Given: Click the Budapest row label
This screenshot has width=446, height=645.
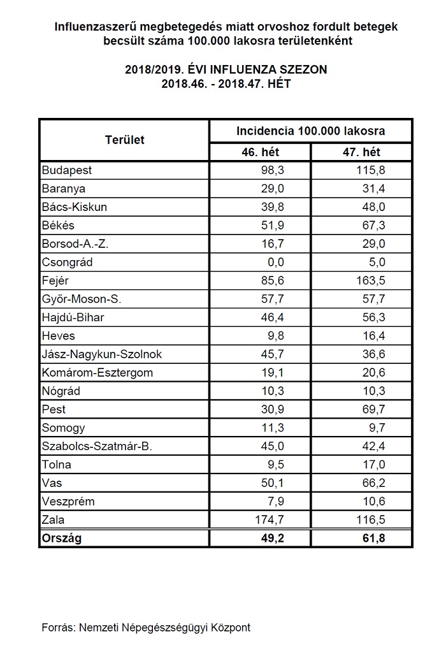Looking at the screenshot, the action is coord(67,170).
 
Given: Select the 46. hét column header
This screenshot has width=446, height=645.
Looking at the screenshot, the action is coord(260,152).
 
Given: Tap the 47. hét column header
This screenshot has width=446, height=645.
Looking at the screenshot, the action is coord(361,152).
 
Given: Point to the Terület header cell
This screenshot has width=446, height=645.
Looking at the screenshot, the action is coord(124,140).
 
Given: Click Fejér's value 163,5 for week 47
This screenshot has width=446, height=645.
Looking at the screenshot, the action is coord(371,280).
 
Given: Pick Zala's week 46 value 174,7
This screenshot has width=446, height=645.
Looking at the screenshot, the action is coord(270,520).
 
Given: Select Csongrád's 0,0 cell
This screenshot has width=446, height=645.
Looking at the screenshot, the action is coord(273,262).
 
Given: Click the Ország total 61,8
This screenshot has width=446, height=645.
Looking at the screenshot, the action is coord(373,538).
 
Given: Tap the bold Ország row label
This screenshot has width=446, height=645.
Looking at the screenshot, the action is coord(62,538).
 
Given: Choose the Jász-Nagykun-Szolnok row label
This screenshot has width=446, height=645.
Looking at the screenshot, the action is coord(102,354).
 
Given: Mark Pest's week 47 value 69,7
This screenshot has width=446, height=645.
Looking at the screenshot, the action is coord(373,409).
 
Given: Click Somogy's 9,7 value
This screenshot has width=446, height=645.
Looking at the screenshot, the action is coord(377,428).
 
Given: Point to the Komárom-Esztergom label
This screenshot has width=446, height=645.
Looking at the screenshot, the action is coord(97,373).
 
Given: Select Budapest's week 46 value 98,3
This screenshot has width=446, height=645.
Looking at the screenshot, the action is coord(273,170).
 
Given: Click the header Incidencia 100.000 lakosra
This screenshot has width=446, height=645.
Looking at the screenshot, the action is coord(310,131).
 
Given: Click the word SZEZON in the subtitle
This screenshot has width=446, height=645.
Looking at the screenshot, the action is coord(304,69).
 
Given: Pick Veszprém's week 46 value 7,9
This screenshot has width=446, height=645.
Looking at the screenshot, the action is coord(276,502).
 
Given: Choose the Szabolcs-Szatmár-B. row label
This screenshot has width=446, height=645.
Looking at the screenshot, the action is coord(97,446).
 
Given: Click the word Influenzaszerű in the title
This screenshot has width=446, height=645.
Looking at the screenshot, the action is coord(96,27).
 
